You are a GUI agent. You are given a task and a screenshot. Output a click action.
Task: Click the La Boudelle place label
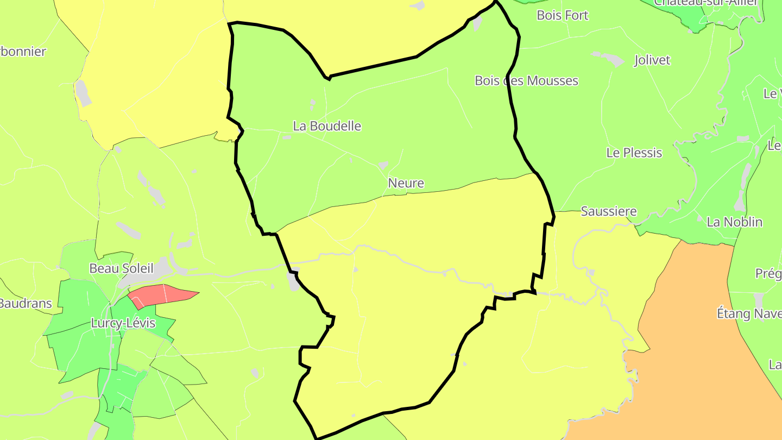coord(327,126)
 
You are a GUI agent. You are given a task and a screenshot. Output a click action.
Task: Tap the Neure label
coord(406,183)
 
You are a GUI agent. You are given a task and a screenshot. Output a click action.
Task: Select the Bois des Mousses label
coord(526,81)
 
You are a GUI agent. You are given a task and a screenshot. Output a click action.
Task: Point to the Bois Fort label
coord(562,15)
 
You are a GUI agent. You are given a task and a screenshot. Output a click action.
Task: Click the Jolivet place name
coord(652,60)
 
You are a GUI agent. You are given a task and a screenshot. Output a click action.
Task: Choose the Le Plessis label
coord(634,153)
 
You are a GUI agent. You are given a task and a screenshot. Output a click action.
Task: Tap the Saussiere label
coord(608,211)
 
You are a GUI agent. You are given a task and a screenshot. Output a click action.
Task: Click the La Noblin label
coord(734,222)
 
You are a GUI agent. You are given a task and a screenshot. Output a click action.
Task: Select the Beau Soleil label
coord(121,268)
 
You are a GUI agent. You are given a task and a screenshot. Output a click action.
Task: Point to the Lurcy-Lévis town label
coord(123,324)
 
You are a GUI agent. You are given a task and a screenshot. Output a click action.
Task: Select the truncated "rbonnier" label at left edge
coord(23,52)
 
